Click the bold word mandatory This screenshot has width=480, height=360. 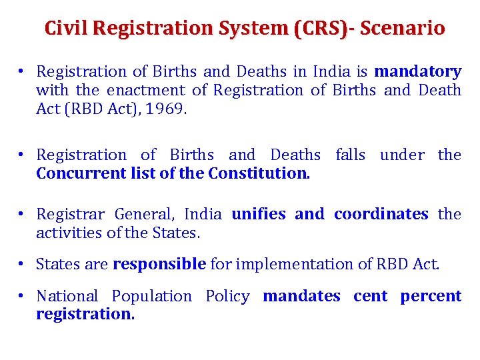[418, 71]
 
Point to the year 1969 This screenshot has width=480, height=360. [166, 109]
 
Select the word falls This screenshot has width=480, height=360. [351, 155]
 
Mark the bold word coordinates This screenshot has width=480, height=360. [381, 214]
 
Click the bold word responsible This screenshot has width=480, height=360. [159, 264]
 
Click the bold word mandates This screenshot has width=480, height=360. [301, 295]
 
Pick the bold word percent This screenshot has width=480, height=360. [431, 295]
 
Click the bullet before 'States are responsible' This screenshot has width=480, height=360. [22, 264]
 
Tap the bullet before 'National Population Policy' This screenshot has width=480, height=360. [22, 295]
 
